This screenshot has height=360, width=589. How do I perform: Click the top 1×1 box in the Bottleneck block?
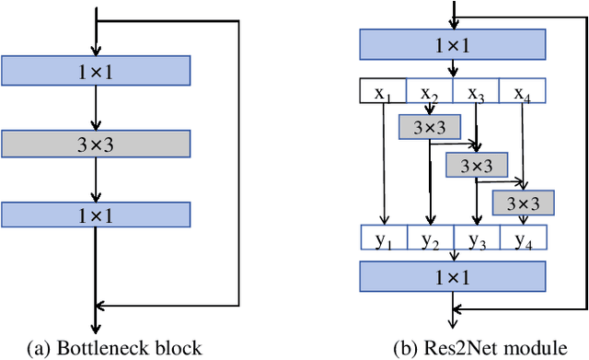[96, 69]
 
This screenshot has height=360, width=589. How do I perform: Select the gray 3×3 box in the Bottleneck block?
[96, 143]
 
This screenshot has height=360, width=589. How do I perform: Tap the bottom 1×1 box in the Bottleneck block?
[96, 215]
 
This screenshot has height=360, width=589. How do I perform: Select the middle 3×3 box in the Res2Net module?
[477, 165]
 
